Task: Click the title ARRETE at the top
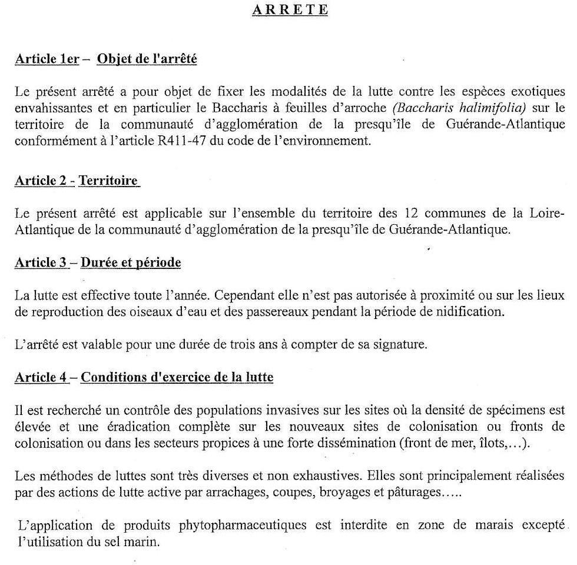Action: click(290, 10)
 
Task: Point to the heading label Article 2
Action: click(40, 181)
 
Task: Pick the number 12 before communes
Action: click(412, 213)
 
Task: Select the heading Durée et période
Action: click(131, 262)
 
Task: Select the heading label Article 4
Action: click(40, 377)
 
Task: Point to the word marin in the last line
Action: click(145, 541)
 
